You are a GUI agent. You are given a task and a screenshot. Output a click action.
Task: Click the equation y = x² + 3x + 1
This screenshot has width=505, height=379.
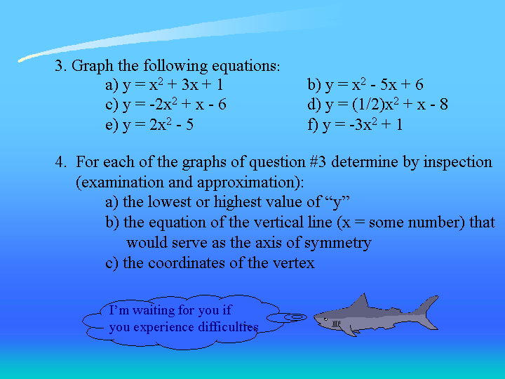[173, 85]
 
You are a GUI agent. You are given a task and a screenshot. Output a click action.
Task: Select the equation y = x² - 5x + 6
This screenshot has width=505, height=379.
[375, 85]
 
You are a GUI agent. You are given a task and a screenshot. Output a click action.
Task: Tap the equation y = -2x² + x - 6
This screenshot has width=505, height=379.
[175, 105]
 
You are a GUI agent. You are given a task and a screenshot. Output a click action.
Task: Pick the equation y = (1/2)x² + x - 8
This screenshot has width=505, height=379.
[386, 105]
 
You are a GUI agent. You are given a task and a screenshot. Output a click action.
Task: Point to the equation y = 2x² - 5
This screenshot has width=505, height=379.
[158, 125]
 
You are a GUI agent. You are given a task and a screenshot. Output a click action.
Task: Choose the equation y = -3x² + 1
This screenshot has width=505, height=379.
[363, 125]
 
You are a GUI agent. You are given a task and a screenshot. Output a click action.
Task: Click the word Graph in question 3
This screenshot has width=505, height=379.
[93, 67]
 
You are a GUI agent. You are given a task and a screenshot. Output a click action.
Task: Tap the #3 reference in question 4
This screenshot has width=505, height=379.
[318, 162]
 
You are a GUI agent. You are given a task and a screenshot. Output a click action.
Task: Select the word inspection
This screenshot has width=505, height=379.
[457, 163]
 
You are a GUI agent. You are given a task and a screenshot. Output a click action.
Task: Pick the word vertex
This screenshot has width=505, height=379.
[294, 263]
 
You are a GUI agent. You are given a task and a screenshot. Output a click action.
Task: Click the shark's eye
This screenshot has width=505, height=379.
[325, 319]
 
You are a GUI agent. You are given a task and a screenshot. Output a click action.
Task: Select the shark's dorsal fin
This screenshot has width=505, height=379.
[361, 300]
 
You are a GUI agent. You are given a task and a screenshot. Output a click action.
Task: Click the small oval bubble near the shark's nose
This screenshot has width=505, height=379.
[287, 318]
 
